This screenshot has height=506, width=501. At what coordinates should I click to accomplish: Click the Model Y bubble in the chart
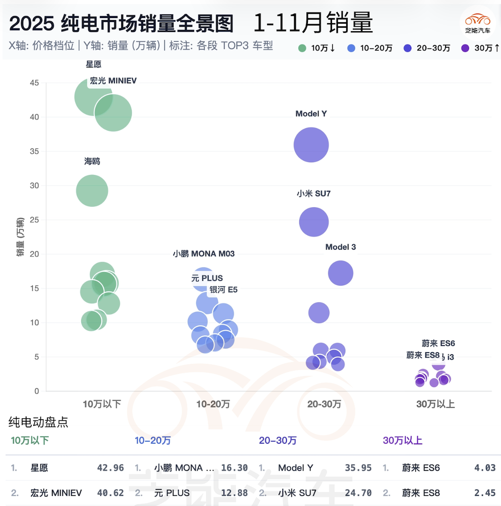(x=311, y=145)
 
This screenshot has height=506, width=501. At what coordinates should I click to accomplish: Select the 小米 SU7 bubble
(x=314, y=222)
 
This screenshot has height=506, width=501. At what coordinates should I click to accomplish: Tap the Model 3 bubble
(x=341, y=273)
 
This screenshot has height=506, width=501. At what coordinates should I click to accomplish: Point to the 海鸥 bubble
(x=92, y=191)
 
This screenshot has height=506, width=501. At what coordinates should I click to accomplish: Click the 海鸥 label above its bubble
(x=92, y=161)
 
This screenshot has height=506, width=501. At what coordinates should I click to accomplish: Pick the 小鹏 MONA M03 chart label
(x=204, y=254)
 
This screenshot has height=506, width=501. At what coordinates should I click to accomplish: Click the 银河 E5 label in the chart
(x=223, y=289)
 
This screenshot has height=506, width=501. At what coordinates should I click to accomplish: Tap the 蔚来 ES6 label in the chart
(x=439, y=343)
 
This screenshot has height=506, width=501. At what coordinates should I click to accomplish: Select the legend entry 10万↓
(x=317, y=48)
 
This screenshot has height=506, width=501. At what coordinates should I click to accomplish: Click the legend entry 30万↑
(x=481, y=48)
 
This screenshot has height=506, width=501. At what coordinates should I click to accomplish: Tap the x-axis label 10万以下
(x=102, y=404)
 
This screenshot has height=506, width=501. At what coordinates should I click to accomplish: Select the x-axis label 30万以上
(x=435, y=404)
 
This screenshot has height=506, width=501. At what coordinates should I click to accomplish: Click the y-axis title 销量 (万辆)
(x=20, y=237)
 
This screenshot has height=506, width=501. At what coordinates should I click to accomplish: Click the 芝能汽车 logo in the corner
(x=477, y=23)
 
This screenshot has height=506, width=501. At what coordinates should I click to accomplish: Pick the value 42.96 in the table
(x=110, y=468)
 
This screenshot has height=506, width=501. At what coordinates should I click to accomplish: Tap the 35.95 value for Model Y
(x=358, y=468)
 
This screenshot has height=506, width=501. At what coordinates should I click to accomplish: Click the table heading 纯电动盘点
(x=38, y=422)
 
